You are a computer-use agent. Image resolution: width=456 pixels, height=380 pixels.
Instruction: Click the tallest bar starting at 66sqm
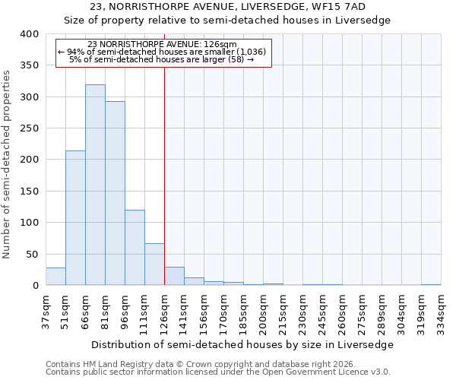click(95, 185)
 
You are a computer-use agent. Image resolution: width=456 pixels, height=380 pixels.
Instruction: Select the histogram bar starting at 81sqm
click(115, 193)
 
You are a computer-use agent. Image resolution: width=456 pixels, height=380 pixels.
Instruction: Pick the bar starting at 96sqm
click(135, 248)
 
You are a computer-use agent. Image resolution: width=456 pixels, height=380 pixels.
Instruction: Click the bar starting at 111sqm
click(154, 264)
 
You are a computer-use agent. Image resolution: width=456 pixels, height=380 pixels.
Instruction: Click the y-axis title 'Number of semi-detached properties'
click(7, 164)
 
